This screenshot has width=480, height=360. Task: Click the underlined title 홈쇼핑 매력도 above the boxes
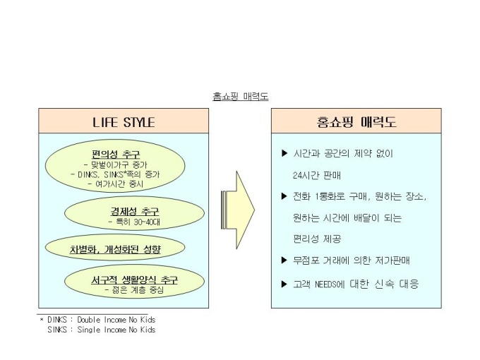click(240, 96)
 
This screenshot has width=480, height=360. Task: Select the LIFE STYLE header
click(124, 122)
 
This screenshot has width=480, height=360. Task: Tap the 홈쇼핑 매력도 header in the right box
click(356, 122)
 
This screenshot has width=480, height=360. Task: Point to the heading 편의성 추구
click(115, 153)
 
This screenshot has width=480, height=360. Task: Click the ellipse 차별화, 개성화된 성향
click(114, 248)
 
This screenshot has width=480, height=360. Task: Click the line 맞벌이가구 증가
click(116, 164)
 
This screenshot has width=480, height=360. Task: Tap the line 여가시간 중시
click(116, 184)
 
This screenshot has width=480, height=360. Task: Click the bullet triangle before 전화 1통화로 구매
click(284, 196)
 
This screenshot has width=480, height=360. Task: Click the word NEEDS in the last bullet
click(335, 284)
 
